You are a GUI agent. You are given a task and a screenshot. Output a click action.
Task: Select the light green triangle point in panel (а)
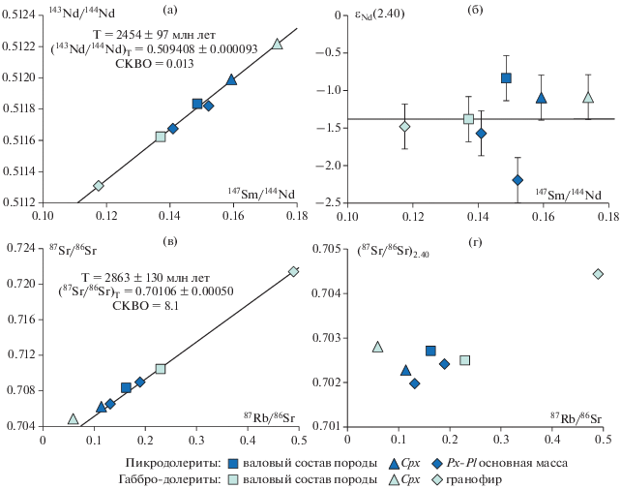[x=278, y=45]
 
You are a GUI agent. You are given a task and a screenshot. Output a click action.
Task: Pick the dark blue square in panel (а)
[x=197, y=104]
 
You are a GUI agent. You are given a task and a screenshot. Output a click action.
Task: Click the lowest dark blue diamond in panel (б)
[x=517, y=180]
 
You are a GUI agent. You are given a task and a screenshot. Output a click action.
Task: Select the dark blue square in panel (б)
[x=506, y=78]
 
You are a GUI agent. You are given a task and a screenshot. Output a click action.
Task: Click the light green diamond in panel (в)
[x=294, y=271]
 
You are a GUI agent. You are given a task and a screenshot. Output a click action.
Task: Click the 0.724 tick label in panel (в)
[x=21, y=249]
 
